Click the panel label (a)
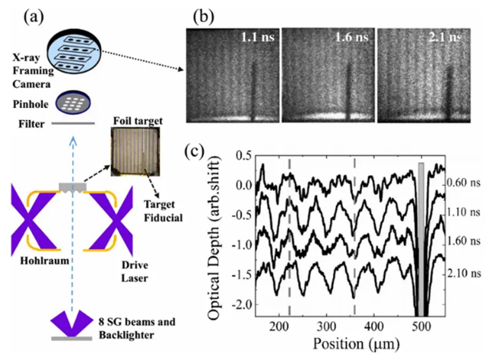pyautogui.click(x=40, y=14)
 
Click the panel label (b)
pyautogui.click(x=201, y=14)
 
